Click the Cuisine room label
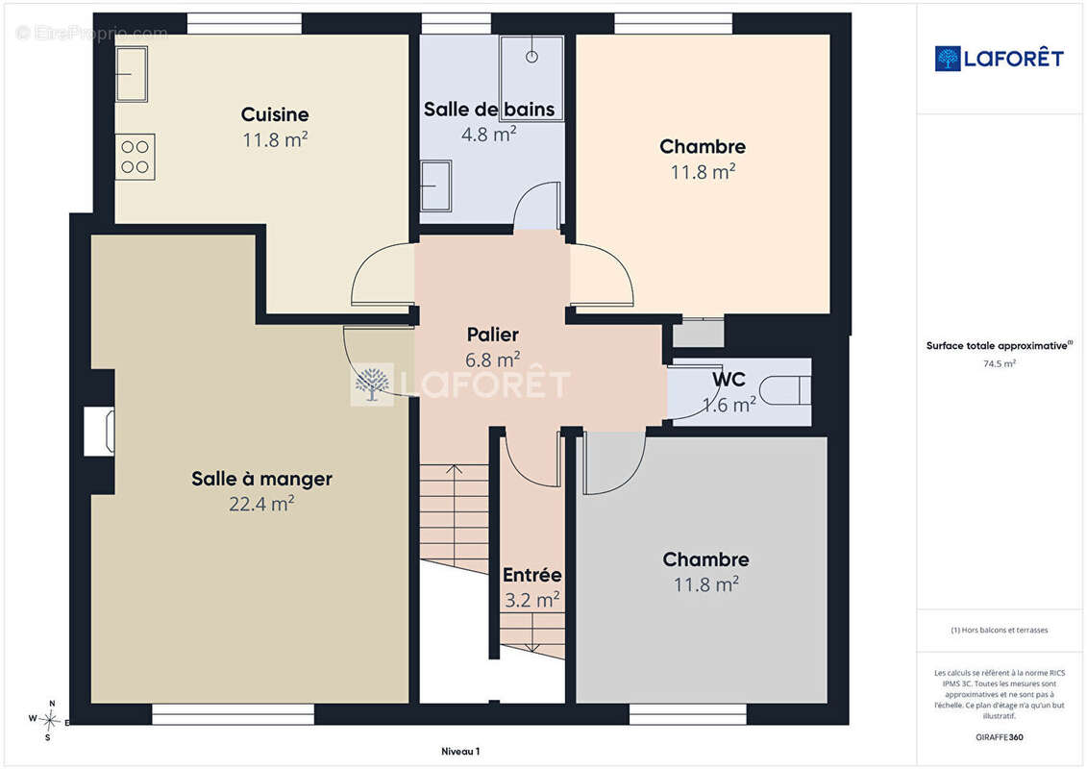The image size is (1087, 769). click(x=275, y=114)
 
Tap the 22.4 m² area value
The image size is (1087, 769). click(x=261, y=504)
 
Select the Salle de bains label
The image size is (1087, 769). click(x=489, y=110)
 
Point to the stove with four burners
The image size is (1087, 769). click(x=136, y=157)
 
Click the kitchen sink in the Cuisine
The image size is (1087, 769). click(x=131, y=74)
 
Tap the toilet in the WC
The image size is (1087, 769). click(x=785, y=390)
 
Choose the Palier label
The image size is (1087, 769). click(x=492, y=335)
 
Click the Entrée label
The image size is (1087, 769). click(x=531, y=576)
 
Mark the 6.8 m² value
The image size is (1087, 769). click(x=492, y=360)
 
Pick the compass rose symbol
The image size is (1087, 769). click(x=49, y=721)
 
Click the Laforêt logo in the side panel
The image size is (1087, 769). click(x=999, y=59)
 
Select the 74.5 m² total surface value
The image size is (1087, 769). click(x=999, y=363)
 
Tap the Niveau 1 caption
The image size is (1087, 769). click(x=460, y=751)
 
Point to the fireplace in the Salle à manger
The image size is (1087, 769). click(x=99, y=432)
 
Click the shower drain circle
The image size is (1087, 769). click(x=531, y=57)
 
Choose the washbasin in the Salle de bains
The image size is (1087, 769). click(x=436, y=186)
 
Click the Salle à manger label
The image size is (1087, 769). click(x=261, y=479)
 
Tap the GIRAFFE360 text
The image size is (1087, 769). click(x=999, y=737)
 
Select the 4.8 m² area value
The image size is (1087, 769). click(x=489, y=134)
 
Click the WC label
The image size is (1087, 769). click(x=729, y=380)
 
